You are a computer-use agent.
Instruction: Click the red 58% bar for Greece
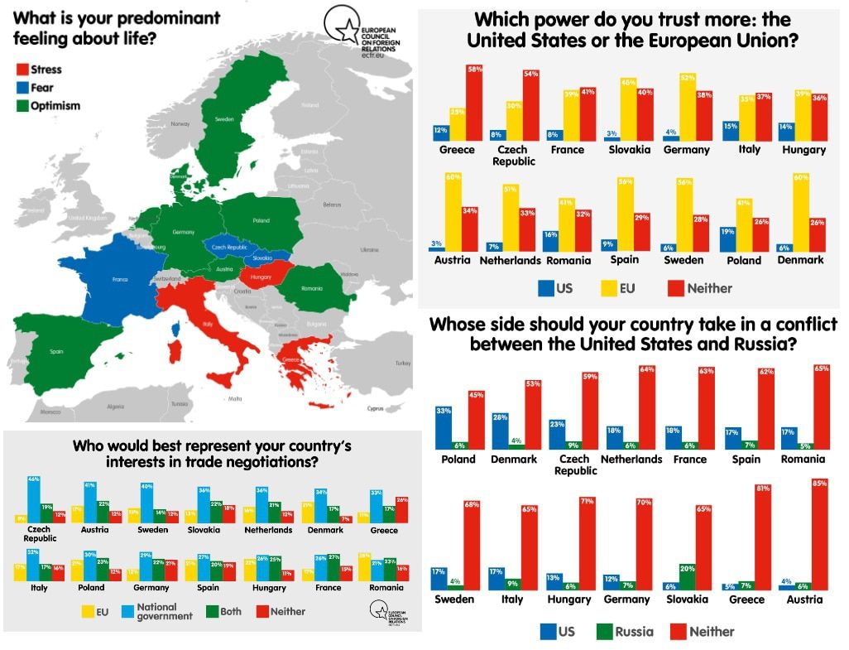click(474, 104)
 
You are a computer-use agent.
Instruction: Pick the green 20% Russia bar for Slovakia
click(687, 577)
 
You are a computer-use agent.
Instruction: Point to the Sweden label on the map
click(225, 119)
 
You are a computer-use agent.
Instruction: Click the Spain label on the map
click(56, 352)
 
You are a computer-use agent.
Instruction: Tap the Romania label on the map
click(312, 288)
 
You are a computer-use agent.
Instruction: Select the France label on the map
click(120, 279)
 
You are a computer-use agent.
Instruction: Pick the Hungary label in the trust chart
click(803, 150)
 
